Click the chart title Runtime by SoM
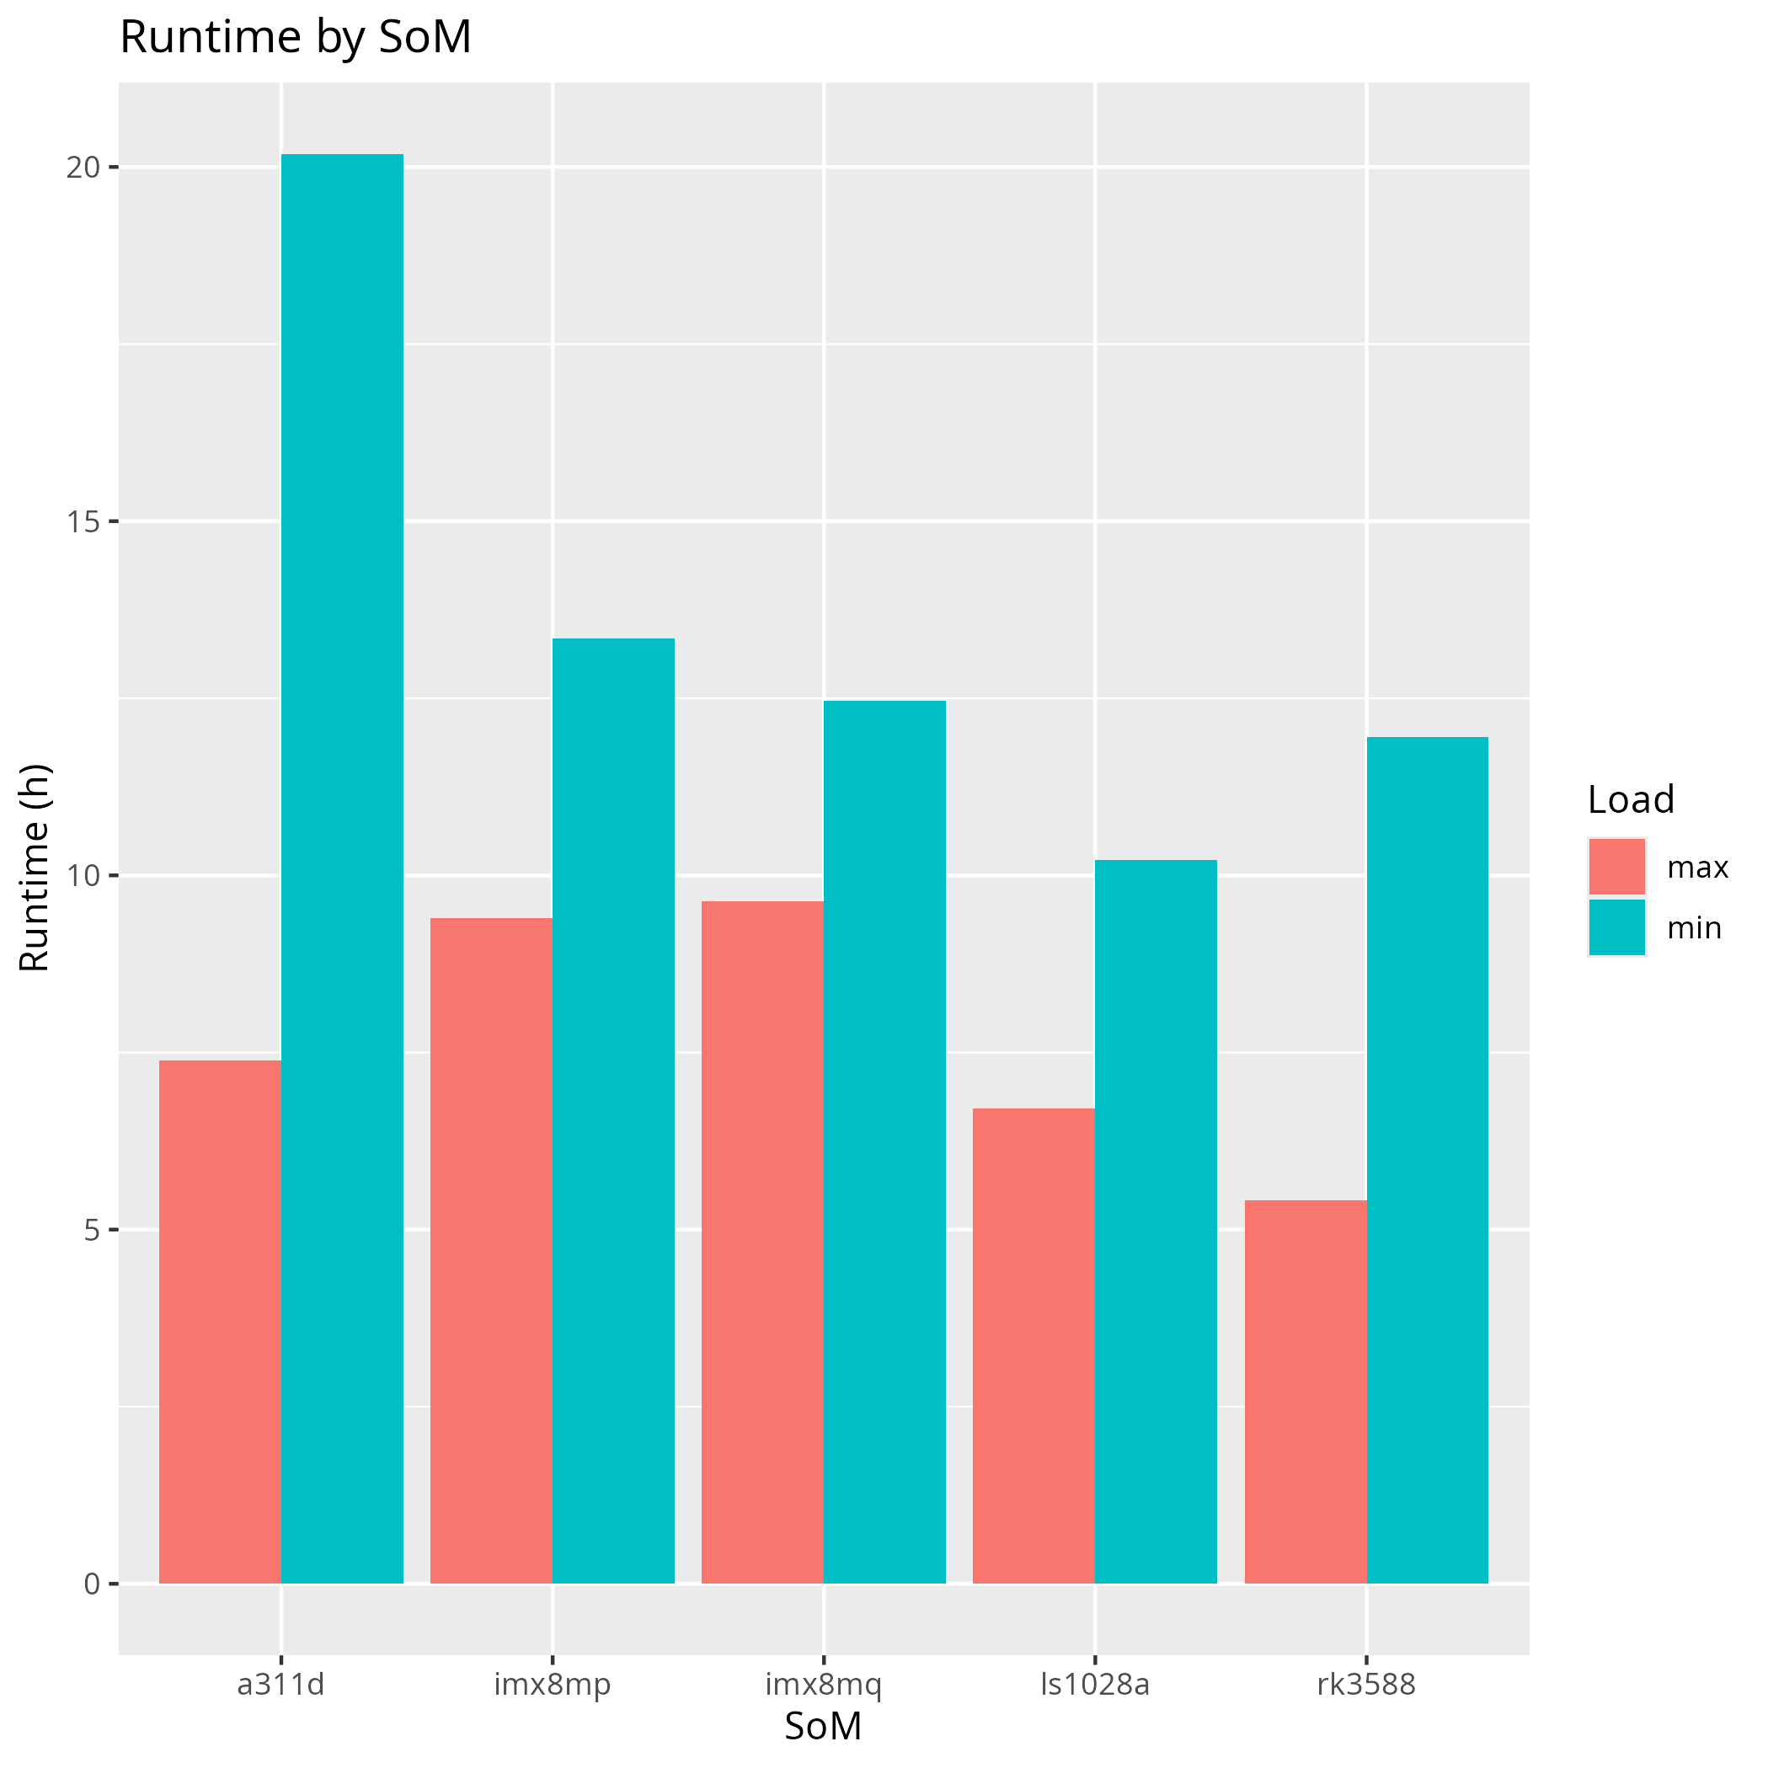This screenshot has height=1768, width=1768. tap(296, 39)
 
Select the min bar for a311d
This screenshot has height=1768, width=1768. tap(342, 869)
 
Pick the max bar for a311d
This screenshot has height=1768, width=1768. tap(220, 1322)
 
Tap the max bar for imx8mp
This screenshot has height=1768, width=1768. tap(491, 1251)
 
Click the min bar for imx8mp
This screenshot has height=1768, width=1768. tap(613, 1111)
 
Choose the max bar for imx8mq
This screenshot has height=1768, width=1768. tap(762, 1242)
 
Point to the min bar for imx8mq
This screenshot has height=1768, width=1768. tap(885, 1142)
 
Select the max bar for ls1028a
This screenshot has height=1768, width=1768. tap(1034, 1346)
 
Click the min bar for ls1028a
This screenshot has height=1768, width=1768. tap(1156, 1221)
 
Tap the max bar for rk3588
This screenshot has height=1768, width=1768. tap(1305, 1391)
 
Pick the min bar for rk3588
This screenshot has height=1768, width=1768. tap(1428, 1161)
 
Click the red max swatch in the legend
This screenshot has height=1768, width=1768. tap(1617, 867)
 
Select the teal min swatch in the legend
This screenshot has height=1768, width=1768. tap(1617, 928)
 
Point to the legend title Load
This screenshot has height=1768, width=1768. tap(1631, 801)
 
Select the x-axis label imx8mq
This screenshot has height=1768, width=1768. tap(824, 1685)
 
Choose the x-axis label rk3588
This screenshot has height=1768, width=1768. tap(1366, 1685)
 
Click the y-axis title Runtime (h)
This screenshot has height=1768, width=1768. tap(35, 868)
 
